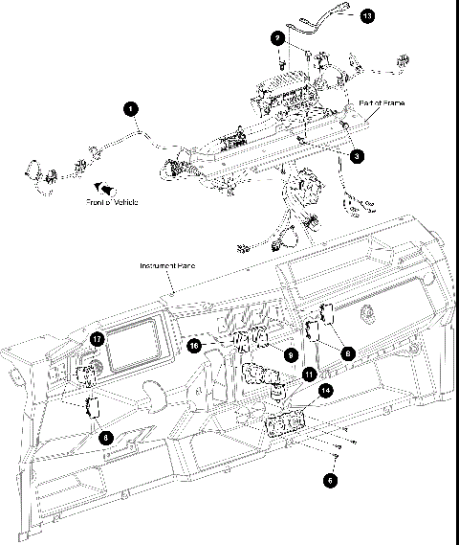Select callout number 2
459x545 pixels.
point(276,39)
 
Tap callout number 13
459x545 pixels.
point(369,16)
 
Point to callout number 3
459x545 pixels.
point(356,153)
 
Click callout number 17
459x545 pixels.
point(98,339)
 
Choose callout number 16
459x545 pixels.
point(194,345)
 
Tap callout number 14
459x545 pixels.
point(326,391)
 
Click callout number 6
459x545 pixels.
point(330,480)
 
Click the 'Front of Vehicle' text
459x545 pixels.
point(114,203)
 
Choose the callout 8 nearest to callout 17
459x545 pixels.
point(106,437)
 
